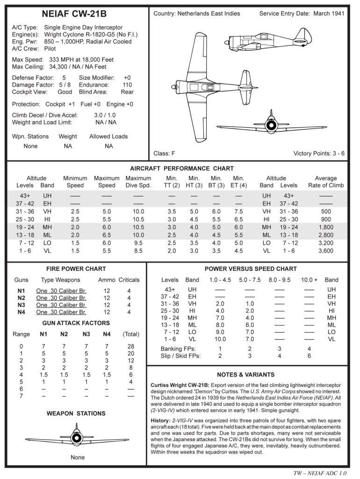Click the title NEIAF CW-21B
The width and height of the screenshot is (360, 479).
76,15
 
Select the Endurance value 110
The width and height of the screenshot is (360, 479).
127,85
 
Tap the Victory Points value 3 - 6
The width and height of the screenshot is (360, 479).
336,153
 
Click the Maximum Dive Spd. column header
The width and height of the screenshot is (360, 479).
138,181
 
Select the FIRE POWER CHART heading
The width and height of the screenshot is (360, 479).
76,269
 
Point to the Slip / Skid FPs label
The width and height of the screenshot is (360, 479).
180,356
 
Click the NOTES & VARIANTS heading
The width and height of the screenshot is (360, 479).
249,375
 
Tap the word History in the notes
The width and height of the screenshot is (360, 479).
160,420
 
